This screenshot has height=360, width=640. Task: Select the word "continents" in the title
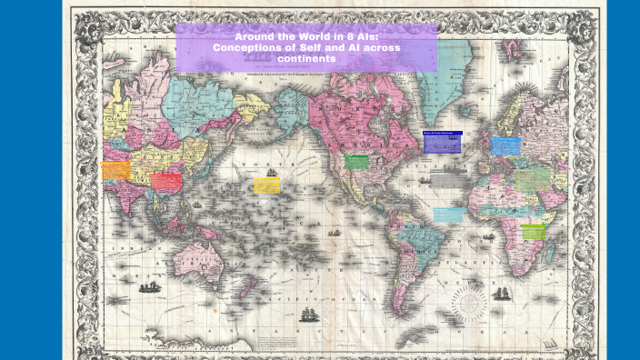306,58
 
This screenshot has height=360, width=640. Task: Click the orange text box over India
116,170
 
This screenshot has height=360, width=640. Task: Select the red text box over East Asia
165,181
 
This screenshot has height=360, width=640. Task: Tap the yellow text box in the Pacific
266,185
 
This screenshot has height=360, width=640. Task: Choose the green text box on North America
356,162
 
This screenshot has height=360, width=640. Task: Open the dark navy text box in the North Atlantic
443,142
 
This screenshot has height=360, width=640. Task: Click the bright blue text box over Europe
505,146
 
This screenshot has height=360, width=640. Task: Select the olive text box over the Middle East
533,179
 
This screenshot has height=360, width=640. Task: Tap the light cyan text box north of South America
449,215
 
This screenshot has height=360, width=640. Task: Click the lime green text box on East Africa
534,232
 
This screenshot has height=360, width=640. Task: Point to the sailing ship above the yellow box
271,171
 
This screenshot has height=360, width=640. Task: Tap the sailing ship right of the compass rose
501,293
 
